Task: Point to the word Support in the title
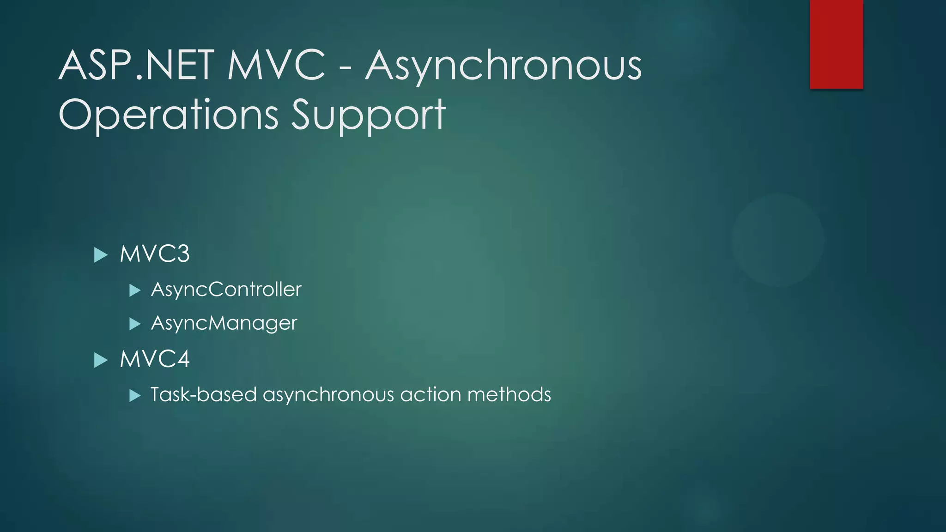[x=368, y=115]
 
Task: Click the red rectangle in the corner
[x=836, y=44]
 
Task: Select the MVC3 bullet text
[x=155, y=254]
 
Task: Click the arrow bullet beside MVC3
[x=101, y=255]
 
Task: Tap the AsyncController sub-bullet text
[x=226, y=290]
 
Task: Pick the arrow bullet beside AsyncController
[x=135, y=290]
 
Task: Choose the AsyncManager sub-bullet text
[x=224, y=323]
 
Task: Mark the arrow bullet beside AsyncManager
[x=135, y=324]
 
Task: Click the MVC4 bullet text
[x=155, y=359]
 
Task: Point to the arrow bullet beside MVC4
[x=101, y=360]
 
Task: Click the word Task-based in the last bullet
[x=203, y=395]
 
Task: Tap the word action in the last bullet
[x=431, y=395]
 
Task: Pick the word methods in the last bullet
[x=509, y=395]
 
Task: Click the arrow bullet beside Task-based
[x=135, y=396]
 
